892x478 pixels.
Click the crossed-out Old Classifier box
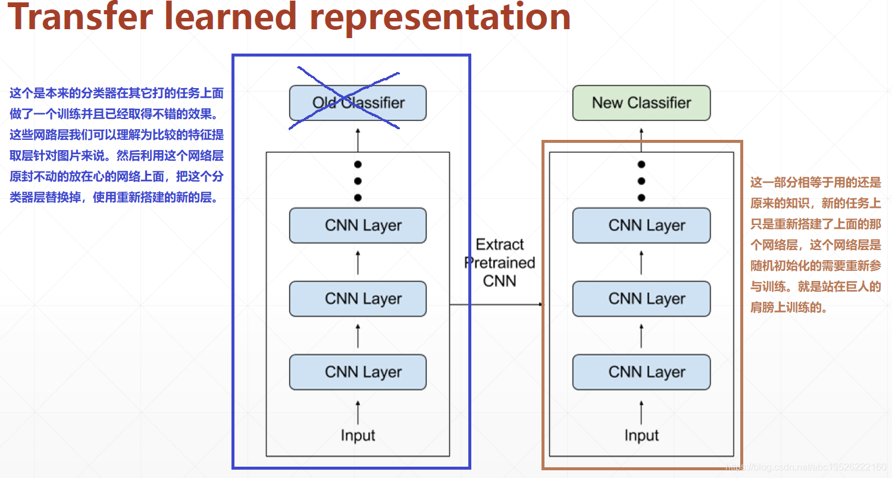pos(358,103)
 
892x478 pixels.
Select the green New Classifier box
pos(641,103)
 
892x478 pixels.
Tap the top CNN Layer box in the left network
pos(358,226)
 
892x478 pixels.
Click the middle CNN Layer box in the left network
pos(358,299)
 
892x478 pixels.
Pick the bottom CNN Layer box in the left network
pos(358,372)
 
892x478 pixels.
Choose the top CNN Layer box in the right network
pos(641,226)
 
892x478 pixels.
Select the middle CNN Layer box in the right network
pos(641,299)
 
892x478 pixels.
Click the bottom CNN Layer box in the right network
pos(641,372)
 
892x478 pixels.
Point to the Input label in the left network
pos(358,435)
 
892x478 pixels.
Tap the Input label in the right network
pos(641,435)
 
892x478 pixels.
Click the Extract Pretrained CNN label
pos(500,263)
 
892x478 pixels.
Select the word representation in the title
pos(440,18)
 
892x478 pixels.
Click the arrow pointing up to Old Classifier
pos(358,140)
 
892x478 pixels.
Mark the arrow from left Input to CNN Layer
pos(358,413)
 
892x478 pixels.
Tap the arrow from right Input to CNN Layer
pos(641,413)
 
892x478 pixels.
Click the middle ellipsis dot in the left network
pos(358,181)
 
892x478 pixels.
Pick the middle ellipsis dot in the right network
pos(641,181)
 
